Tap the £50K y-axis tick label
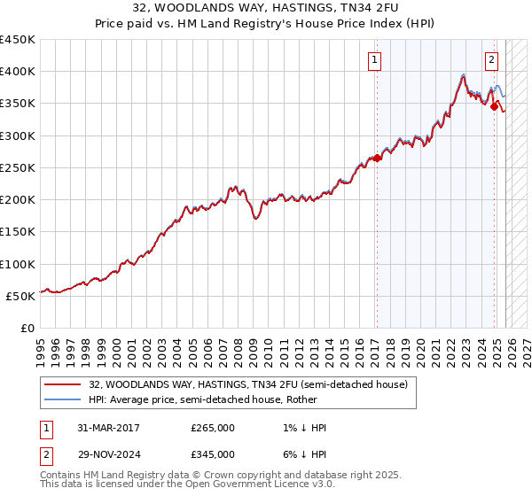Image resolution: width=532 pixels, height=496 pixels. point(20,296)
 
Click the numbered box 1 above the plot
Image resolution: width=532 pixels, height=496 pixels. point(375,60)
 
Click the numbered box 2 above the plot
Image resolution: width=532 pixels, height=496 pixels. point(491,60)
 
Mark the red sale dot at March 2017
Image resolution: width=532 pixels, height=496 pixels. point(377,159)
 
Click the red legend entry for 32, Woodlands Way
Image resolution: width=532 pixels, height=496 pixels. point(247,384)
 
